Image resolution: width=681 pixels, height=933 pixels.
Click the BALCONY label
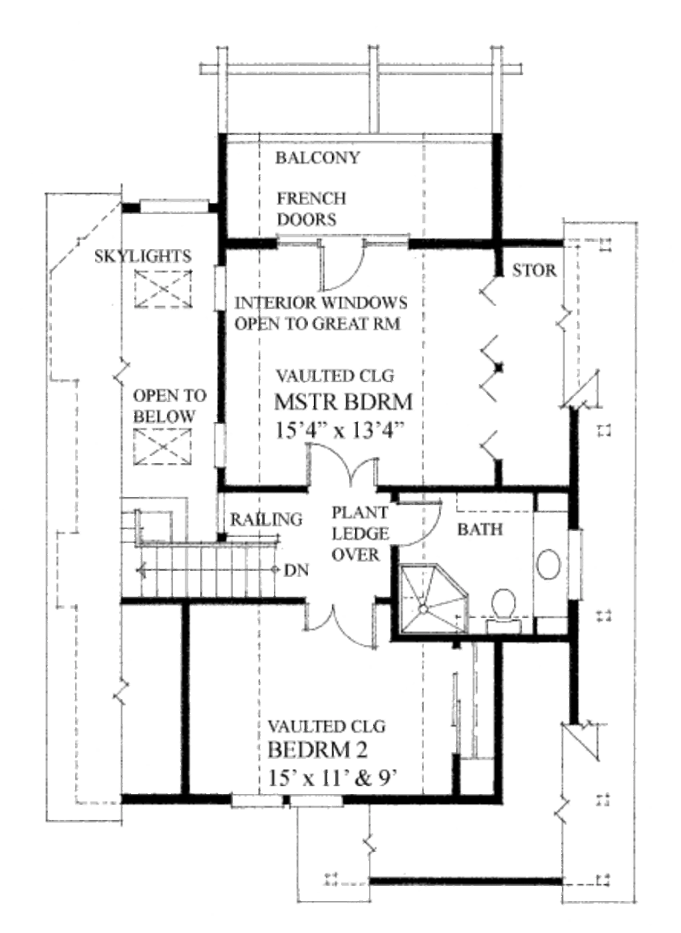click(317, 157)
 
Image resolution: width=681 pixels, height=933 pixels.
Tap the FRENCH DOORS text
click(312, 209)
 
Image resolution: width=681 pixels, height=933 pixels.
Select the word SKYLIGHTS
click(143, 256)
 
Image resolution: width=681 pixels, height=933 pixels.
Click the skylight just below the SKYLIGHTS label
click(163, 288)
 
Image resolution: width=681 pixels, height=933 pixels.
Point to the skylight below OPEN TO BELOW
click(162, 447)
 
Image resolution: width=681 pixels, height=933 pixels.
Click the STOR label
click(534, 270)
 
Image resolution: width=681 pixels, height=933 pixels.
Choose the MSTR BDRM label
click(343, 401)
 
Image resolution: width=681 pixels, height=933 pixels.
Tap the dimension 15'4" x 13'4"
click(340, 429)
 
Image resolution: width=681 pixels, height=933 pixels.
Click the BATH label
click(480, 530)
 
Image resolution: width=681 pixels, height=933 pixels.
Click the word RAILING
click(266, 519)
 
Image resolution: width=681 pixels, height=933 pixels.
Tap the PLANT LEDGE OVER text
click(360, 534)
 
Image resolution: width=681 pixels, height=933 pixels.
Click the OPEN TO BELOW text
click(170, 405)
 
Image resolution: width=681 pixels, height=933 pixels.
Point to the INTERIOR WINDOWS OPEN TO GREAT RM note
click(321, 313)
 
